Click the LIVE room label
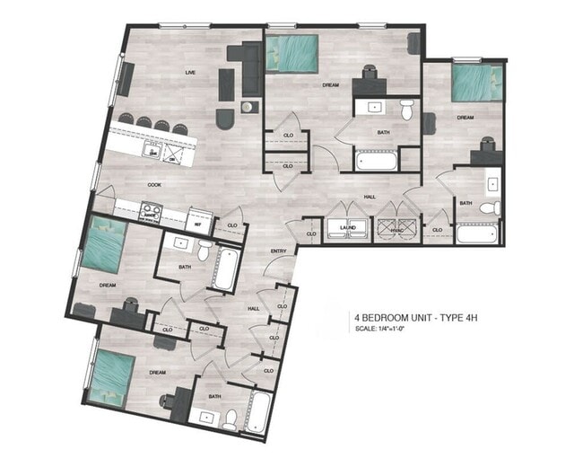tap(190, 72)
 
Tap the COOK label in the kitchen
tap(154, 184)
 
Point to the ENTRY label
tap(278, 251)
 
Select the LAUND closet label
tap(348, 228)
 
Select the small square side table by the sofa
tap(248, 107)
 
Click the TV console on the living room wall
tap(125, 80)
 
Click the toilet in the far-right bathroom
tap(491, 207)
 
